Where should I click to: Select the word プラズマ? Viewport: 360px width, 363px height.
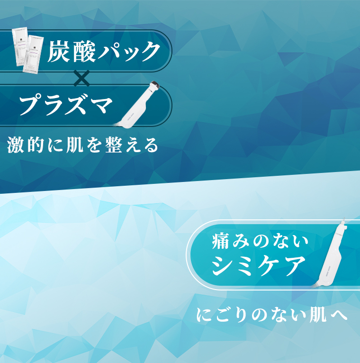[66, 105]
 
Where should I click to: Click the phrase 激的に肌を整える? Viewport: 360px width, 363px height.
[83, 145]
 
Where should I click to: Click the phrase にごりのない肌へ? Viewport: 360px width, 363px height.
[272, 315]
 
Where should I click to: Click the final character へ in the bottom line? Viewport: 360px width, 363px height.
[339, 315]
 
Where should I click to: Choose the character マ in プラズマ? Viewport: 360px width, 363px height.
[101, 105]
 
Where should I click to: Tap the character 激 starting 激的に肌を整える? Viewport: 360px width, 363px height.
[17, 145]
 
